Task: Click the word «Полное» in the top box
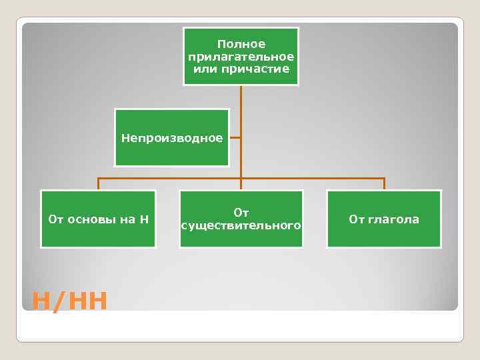click(x=241, y=44)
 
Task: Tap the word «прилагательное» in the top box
click(x=241, y=57)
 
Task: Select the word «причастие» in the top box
click(x=261, y=69)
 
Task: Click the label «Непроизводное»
click(x=172, y=138)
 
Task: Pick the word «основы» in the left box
click(x=91, y=219)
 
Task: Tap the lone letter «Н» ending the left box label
click(x=145, y=219)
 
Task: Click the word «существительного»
click(x=241, y=226)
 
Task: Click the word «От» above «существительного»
click(x=241, y=213)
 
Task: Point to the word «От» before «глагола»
click(x=357, y=219)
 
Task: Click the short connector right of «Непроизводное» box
click(x=235, y=139)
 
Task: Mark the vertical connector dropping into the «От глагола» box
click(x=385, y=184)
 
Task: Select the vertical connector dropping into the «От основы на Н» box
click(x=98, y=184)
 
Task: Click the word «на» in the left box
click(x=127, y=219)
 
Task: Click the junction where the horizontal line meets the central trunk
click(x=241, y=179)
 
